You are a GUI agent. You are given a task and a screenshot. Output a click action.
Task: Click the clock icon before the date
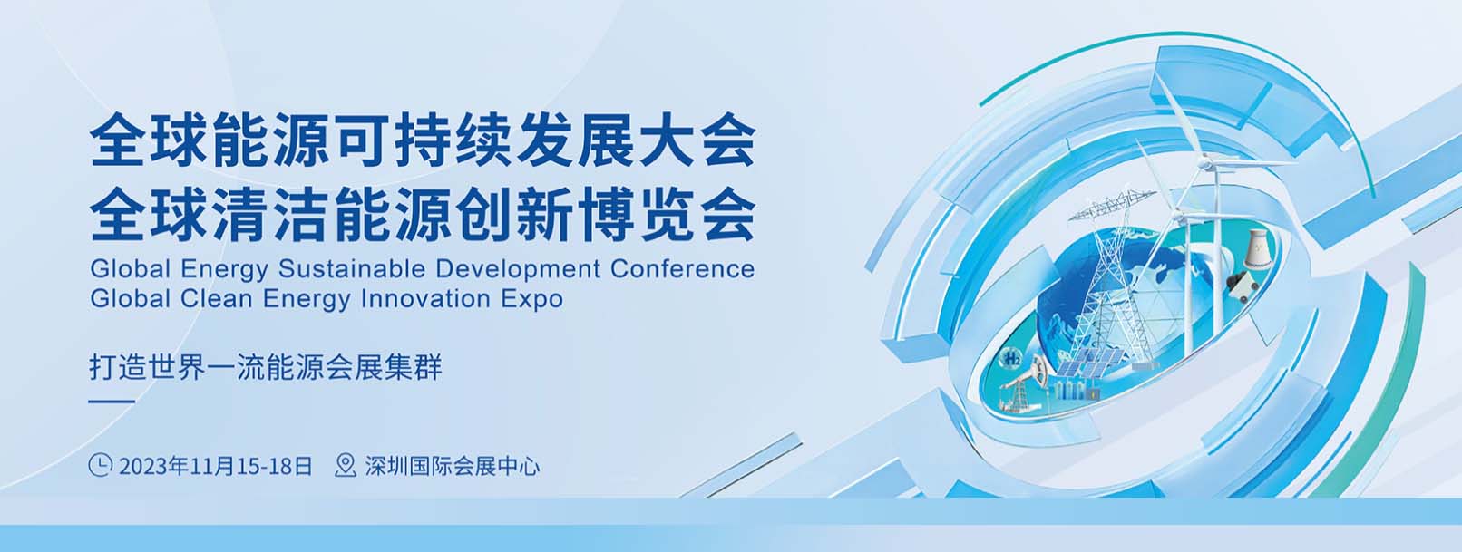pyautogui.click(x=100, y=465)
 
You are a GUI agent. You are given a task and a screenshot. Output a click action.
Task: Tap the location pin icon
pyautogui.click(x=346, y=465)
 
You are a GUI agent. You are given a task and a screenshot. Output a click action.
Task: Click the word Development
pyautogui.click(x=518, y=270)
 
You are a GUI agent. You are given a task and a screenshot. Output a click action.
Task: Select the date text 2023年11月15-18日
pyautogui.click(x=216, y=466)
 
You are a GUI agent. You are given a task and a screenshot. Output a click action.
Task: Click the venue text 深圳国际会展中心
pyautogui.click(x=453, y=466)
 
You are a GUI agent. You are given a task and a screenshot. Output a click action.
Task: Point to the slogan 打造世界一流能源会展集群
pyautogui.click(x=266, y=367)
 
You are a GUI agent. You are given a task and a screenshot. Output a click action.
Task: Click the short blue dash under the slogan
pyautogui.click(x=112, y=402)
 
